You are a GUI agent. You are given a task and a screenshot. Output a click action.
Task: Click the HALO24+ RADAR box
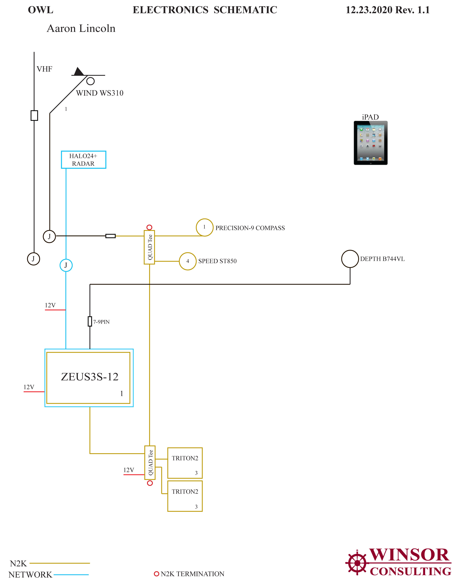(x=84, y=160)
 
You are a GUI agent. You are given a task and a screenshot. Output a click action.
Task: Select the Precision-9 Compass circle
(x=204, y=227)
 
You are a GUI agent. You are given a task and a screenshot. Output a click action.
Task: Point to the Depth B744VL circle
(x=350, y=259)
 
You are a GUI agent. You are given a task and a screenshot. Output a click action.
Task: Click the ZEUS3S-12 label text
(x=90, y=377)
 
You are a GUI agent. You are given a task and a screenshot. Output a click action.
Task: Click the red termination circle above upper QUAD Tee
(x=149, y=227)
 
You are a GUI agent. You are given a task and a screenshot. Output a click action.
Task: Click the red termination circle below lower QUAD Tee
(x=150, y=483)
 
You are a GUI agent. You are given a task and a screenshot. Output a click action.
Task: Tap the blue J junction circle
(x=66, y=265)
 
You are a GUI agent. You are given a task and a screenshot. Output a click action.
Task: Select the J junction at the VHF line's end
(x=33, y=259)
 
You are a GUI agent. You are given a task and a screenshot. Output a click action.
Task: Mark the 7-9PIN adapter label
(x=101, y=322)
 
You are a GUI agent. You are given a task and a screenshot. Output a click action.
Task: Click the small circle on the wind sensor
(x=90, y=81)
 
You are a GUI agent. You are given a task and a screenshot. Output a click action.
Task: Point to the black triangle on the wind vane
(x=78, y=71)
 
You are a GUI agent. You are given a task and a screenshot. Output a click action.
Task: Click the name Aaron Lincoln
(x=81, y=28)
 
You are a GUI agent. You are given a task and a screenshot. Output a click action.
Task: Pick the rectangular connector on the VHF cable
(x=34, y=116)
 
